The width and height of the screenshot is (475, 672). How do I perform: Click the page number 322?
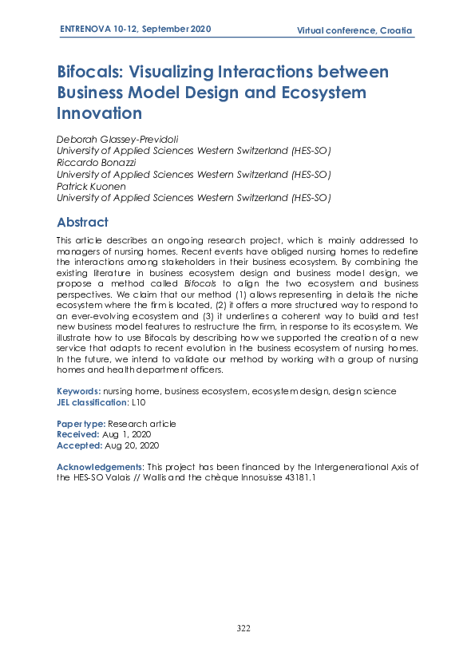point(243,628)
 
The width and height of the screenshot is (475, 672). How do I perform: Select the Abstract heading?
point(82,222)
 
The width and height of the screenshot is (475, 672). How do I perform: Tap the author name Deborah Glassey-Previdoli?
point(117,140)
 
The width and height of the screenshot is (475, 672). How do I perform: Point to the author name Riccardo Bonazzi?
point(95,163)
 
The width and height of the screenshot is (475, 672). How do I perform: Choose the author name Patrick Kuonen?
point(91,186)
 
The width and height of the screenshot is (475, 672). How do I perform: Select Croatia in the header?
point(396,30)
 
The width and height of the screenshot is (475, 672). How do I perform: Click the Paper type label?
point(81,424)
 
